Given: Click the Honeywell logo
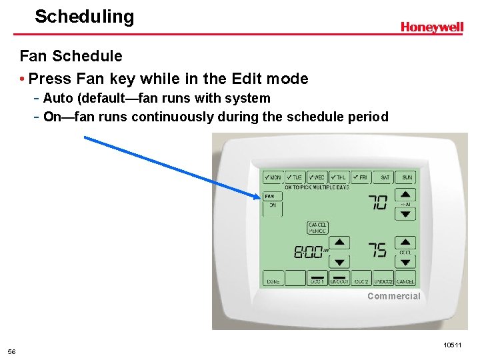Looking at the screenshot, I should tap(431, 27).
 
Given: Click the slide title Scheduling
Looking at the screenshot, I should tap(84, 17).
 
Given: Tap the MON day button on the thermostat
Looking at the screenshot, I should tap(272, 177).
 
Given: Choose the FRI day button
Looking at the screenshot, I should tap(361, 177).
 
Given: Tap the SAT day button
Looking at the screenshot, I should tap(384, 177).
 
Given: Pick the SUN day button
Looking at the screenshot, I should tap(405, 177).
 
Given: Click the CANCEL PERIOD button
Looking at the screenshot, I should tap(317, 228).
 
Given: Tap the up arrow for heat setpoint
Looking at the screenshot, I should tap(405, 195).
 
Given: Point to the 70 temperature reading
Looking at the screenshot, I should tap(378, 202).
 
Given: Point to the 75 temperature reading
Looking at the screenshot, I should tap(377, 250).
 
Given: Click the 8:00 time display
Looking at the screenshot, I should tap(307, 252).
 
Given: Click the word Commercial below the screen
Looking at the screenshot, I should tap(393, 296).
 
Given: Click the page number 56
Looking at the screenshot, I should tap(12, 351).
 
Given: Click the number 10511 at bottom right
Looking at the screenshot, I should tap(451, 345).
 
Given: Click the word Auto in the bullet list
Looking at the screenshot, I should tap(58, 99).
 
